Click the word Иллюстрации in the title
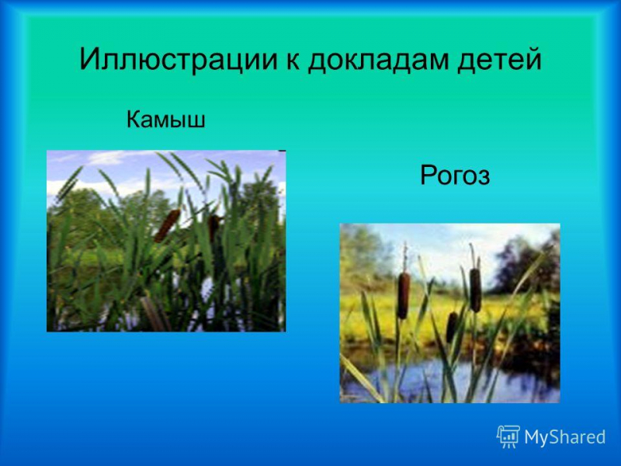(179, 60)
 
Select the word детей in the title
(499, 61)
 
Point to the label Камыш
(166, 119)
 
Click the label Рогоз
(455, 176)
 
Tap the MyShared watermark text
(565, 437)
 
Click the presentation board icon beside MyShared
(508, 436)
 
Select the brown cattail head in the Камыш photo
(167, 226)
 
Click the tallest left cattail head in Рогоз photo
(404, 296)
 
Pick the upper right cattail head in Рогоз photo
(475, 290)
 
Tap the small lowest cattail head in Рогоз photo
(451, 327)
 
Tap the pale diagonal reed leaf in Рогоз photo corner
(360, 377)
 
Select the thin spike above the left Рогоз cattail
(404, 257)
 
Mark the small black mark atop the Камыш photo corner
(282, 151)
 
